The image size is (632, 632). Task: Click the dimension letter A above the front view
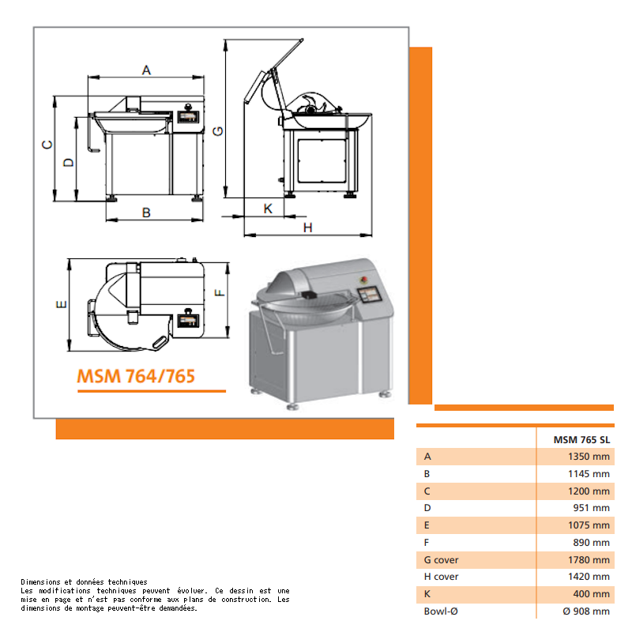point(146,70)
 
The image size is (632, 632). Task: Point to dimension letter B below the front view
point(146,213)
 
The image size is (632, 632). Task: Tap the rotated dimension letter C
point(47,145)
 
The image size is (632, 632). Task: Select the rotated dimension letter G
point(218,131)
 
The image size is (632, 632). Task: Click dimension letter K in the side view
point(268,209)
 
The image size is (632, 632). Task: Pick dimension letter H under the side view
point(307,228)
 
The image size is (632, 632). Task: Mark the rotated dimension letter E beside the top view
point(62,304)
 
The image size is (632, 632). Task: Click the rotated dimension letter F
point(220,293)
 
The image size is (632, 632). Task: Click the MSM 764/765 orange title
point(136,376)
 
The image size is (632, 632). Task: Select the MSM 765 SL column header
point(581,440)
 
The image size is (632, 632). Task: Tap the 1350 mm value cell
point(589,457)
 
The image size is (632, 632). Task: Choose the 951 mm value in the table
point(591,508)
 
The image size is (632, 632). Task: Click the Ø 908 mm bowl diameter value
point(586,611)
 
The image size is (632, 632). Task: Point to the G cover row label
point(441,560)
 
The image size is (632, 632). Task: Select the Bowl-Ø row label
point(441,611)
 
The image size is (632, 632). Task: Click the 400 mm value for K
point(591,594)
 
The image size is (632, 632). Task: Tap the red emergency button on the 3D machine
point(363,280)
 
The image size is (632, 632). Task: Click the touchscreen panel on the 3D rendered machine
point(369,294)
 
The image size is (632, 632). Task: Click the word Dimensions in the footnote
point(41,582)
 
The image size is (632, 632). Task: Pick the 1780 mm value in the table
point(589,560)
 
